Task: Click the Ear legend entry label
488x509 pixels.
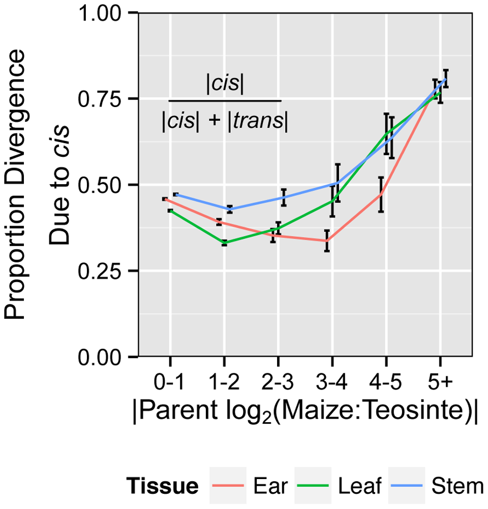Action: (270, 487)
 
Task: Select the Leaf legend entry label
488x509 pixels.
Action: (359, 487)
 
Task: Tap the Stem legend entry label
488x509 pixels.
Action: (455, 487)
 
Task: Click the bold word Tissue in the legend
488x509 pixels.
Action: (162, 487)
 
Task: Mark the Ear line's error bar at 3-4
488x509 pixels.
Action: (327, 241)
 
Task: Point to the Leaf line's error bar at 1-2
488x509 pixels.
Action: (224, 243)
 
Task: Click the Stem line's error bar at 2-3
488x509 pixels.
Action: (284, 197)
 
